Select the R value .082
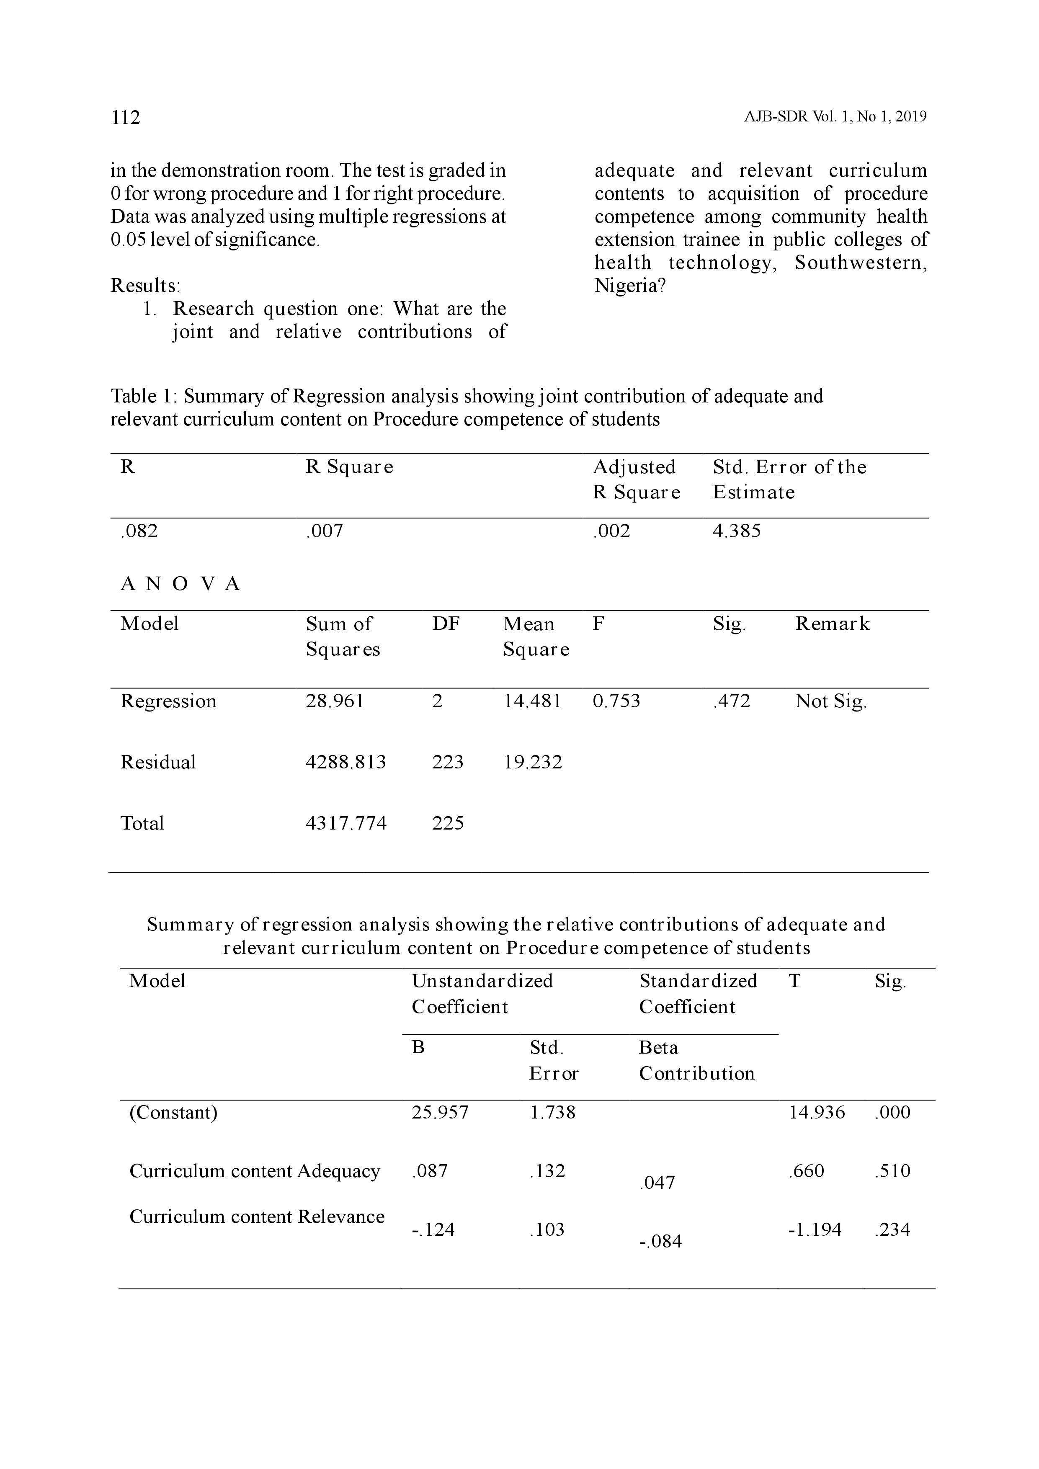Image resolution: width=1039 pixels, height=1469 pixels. coord(139,531)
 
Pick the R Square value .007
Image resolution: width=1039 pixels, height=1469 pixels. coord(325,531)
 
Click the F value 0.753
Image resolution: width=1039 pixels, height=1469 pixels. coord(616,701)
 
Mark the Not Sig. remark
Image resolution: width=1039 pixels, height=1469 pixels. coord(830,702)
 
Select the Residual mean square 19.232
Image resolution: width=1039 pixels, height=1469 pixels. coord(532,762)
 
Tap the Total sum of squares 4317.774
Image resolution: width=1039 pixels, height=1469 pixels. coord(345,823)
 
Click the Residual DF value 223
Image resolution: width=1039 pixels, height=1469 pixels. coord(447,762)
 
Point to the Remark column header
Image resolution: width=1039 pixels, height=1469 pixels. coord(832,624)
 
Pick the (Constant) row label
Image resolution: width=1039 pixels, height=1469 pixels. coord(173,1113)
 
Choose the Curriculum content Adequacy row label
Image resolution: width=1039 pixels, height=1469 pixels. coord(255,1172)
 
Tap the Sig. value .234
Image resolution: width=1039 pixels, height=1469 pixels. coord(892,1230)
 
